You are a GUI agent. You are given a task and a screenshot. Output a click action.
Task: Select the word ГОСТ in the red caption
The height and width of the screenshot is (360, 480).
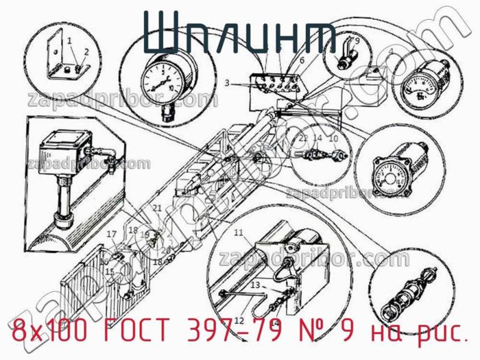(137, 331)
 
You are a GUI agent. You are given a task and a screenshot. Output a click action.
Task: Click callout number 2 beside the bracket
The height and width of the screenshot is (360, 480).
(86, 52)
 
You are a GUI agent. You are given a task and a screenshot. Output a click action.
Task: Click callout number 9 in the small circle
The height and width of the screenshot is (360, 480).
(356, 41)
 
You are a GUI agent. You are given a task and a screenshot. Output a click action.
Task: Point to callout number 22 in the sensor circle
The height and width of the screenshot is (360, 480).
(304, 138)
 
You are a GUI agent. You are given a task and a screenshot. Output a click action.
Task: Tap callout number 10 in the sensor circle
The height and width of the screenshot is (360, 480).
(335, 138)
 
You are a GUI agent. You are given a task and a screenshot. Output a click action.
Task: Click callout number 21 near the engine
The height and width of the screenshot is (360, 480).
(158, 208)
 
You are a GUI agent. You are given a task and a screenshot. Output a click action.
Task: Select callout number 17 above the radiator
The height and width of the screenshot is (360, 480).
(111, 233)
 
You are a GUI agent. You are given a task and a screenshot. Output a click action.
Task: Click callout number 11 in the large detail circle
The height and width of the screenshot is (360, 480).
(238, 232)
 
